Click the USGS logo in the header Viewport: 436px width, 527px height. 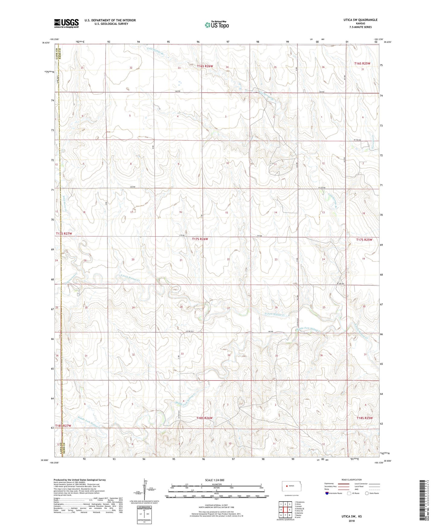coord(66,23)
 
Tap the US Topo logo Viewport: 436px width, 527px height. coord(216,25)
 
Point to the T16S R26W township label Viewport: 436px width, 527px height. coord(205,66)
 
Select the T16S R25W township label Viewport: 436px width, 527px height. coord(362,64)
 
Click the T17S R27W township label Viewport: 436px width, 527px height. coord(64,234)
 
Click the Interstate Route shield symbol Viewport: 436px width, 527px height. coord(327,493)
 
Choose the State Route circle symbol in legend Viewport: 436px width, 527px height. coord(367,493)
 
